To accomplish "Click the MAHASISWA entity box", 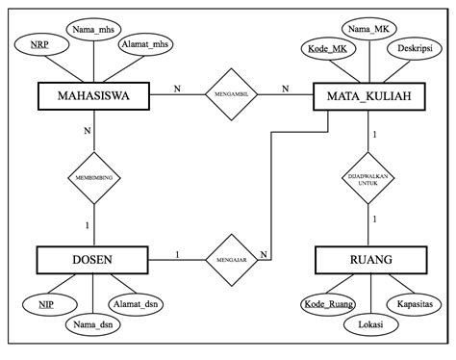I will click(x=93, y=95).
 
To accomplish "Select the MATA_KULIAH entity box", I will click(x=370, y=96).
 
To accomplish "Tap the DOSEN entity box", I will click(x=92, y=260).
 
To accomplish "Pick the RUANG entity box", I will click(x=370, y=260).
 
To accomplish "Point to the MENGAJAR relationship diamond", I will click(x=232, y=259).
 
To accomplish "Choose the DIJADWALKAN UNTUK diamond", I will click(x=370, y=178).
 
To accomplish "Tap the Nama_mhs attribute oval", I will click(x=92, y=29).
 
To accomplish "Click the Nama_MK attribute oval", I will click(x=370, y=29).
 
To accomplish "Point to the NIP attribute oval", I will click(x=45, y=305).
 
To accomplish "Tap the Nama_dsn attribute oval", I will click(x=92, y=325).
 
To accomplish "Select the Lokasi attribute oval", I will click(x=370, y=325).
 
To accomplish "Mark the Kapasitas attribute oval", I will click(x=416, y=303).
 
